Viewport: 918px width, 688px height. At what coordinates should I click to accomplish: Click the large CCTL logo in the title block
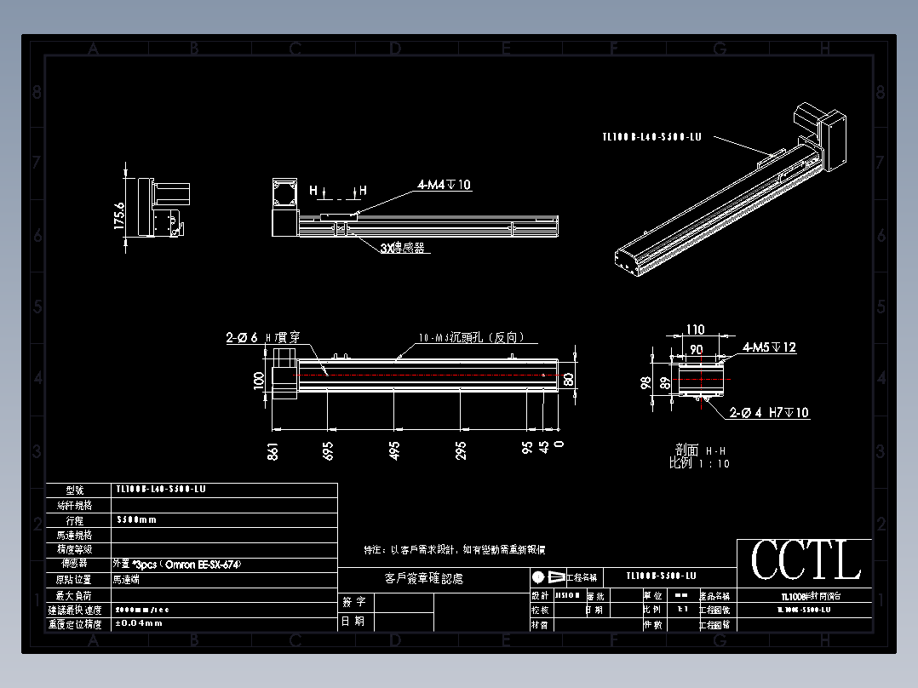click(x=805, y=561)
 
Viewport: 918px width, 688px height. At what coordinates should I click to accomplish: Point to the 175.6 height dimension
click(x=119, y=215)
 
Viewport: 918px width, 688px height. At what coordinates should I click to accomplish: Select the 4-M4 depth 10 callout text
click(x=444, y=185)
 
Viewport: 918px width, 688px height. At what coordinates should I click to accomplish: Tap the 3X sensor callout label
click(x=403, y=248)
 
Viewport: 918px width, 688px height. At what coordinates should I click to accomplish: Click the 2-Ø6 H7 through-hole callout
click(x=262, y=338)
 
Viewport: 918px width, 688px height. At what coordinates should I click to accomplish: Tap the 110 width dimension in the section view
click(x=696, y=330)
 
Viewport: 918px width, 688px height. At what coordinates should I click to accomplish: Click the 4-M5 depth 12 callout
click(x=769, y=347)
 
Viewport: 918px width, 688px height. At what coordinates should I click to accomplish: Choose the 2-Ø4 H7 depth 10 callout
click(x=769, y=413)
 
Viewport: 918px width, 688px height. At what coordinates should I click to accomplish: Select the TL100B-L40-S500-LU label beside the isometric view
click(x=651, y=136)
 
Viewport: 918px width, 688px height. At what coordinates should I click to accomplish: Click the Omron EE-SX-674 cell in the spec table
click(x=170, y=564)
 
